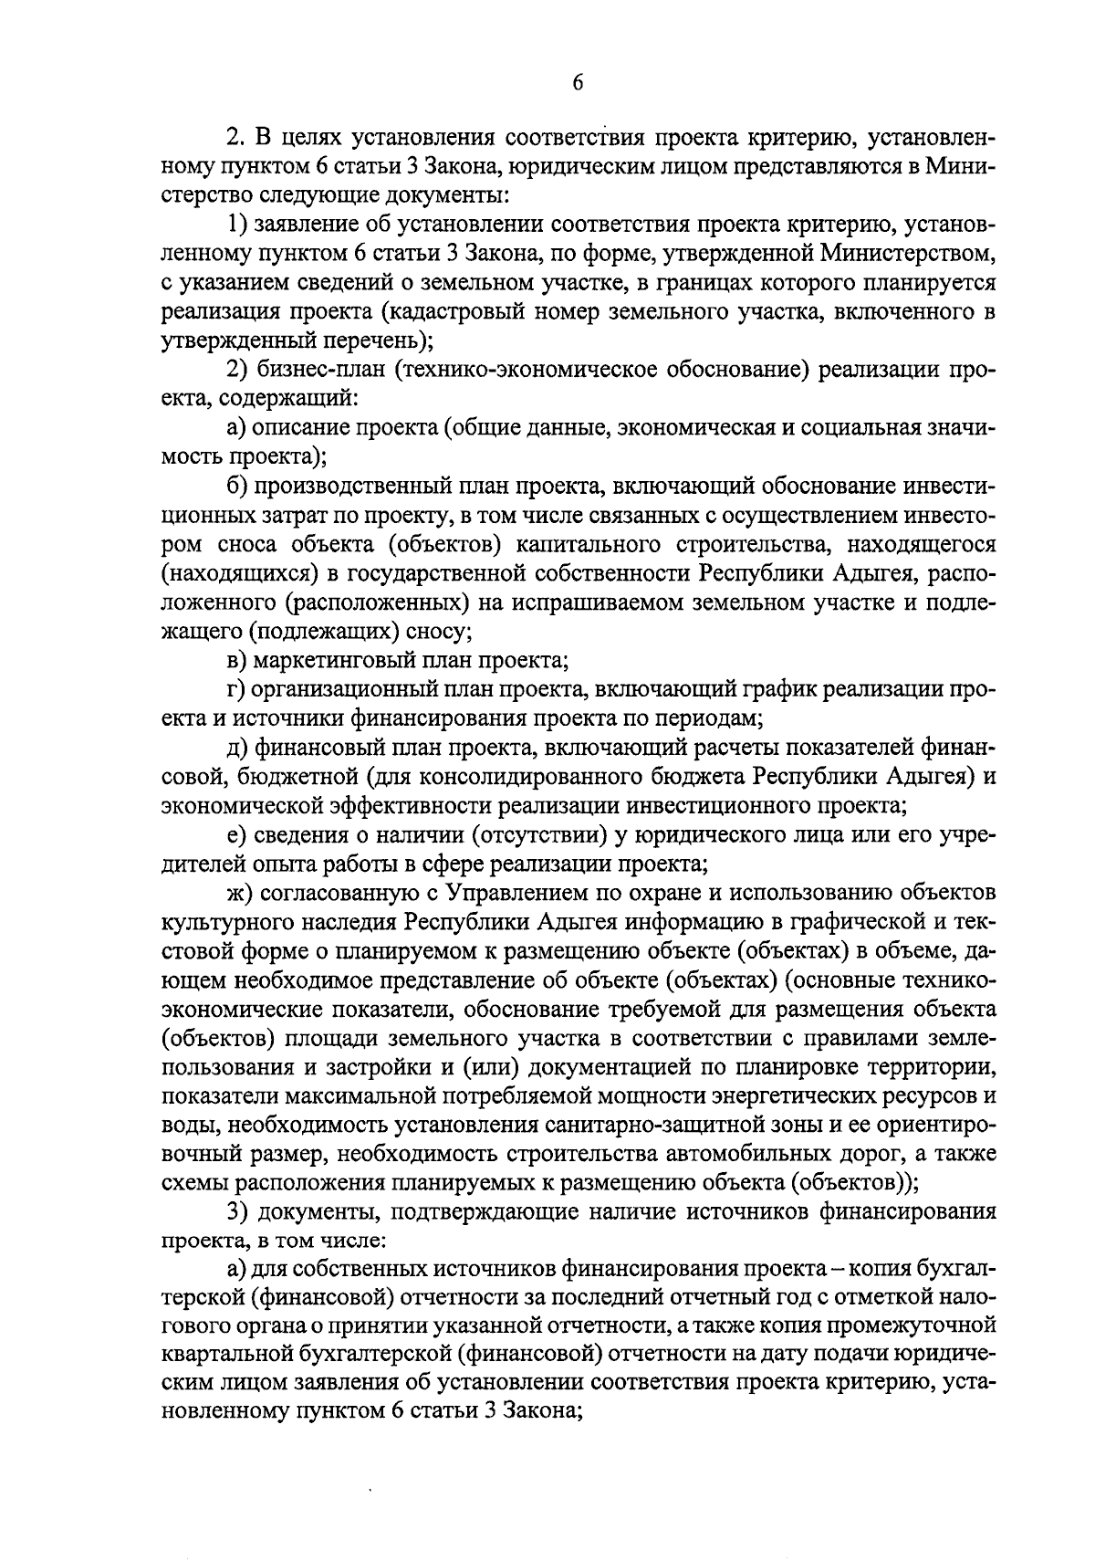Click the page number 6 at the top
pyautogui.click(x=577, y=83)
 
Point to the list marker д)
pyautogui.click(x=240, y=748)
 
